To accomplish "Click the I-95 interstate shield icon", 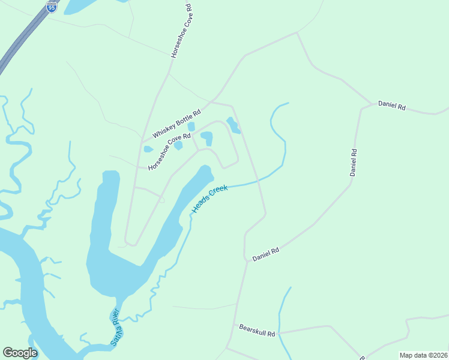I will click(x=52, y=7).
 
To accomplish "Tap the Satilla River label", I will click(x=115, y=327).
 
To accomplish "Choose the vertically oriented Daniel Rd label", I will click(x=354, y=162).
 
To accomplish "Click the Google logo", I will click(x=20, y=353).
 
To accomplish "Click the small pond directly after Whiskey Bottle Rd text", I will click(x=191, y=127).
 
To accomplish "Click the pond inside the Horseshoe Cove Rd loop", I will click(x=207, y=139).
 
